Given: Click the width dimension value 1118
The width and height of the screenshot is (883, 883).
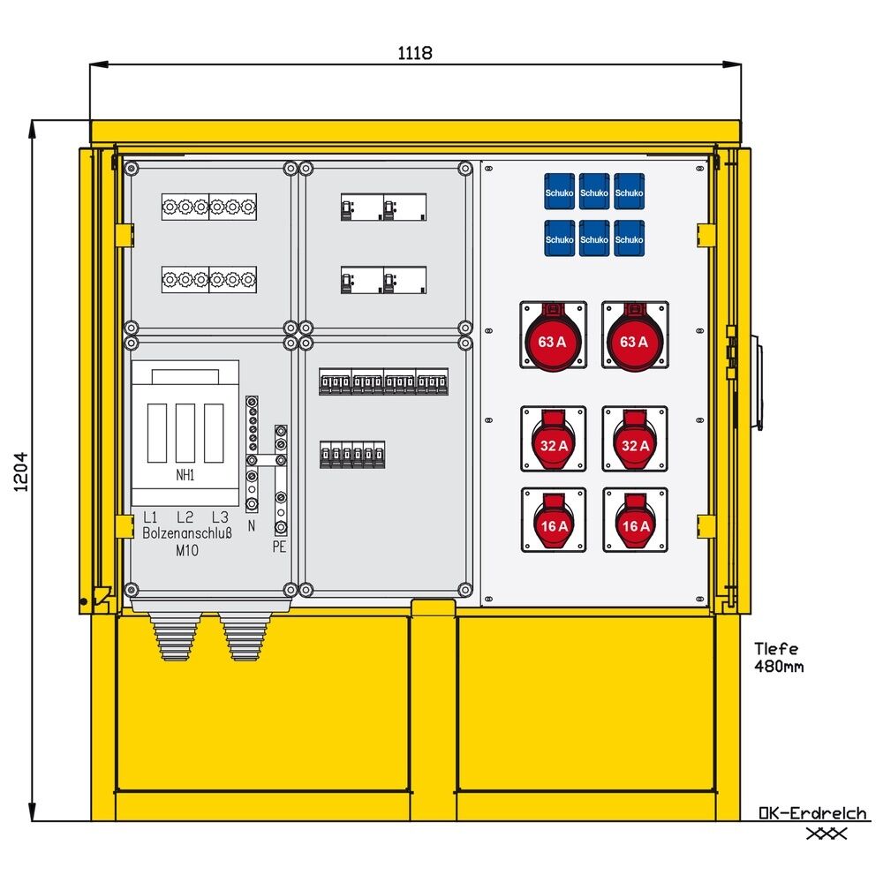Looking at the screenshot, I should coord(414,53).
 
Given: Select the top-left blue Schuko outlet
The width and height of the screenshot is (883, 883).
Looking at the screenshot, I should coord(560,191).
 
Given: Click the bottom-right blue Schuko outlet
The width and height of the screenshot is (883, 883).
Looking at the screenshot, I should coord(629,238).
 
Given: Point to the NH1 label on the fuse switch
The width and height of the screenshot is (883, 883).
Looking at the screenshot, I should coord(185,474).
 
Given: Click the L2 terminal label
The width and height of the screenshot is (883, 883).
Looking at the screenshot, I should coord(185,517).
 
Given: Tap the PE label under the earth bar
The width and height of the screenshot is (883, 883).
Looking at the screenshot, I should coord(280,547).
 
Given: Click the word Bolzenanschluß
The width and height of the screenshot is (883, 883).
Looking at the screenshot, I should coord(186,533).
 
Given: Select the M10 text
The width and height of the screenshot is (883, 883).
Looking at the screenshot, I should coord(186,550).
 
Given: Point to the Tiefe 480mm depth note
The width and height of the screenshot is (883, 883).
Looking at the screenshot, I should coord(779,657).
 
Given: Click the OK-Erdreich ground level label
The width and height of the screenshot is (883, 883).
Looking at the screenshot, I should coord(812,813).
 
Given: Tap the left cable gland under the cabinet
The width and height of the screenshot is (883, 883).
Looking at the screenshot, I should coord(174,636).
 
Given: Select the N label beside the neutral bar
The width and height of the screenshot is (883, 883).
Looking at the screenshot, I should coord(252,525).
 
